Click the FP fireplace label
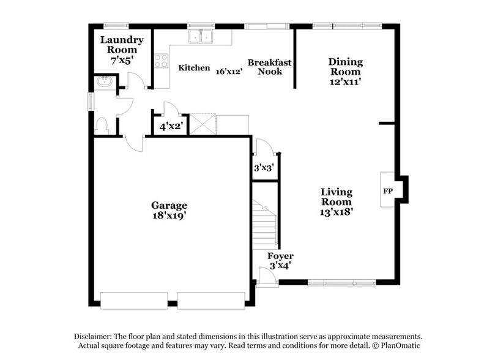click(387, 190)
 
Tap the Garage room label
click(169, 205)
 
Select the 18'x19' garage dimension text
click(169, 216)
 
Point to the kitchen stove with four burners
click(161, 60)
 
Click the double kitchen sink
click(200, 37)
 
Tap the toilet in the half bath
click(102, 125)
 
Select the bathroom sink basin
click(103, 81)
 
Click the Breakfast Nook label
click(269, 67)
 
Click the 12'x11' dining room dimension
click(346, 81)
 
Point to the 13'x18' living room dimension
click(337, 212)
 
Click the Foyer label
click(281, 256)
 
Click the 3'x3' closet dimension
click(263, 167)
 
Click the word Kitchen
click(194, 68)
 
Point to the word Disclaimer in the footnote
click(95, 337)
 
